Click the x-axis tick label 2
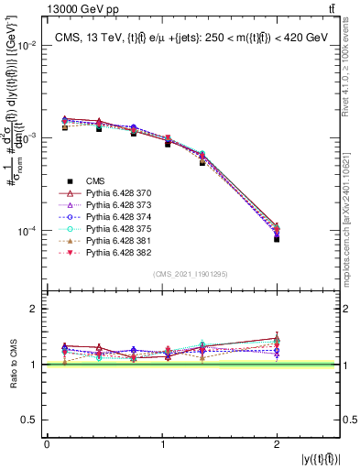tap(278, 444)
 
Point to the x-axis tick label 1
tap(162, 444)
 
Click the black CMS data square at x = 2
tap(277, 238)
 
